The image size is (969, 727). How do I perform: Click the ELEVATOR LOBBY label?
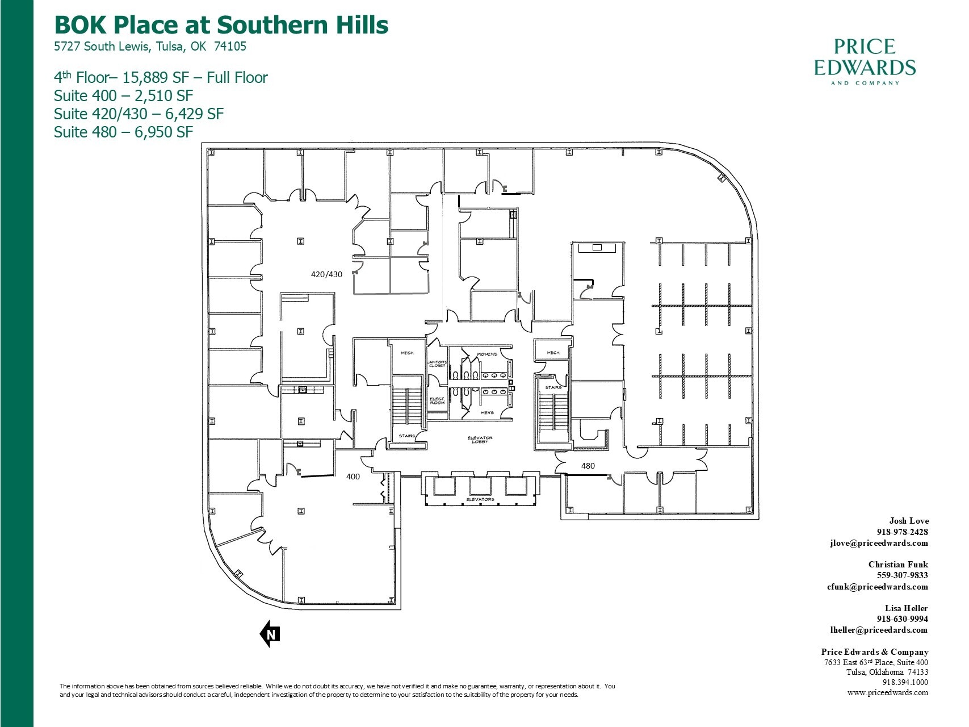pos(480,440)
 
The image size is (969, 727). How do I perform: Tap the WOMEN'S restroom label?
pos(487,354)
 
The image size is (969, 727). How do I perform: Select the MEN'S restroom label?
pos(487,413)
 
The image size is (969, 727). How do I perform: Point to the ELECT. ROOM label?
pos(437,400)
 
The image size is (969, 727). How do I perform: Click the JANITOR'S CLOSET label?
pos(437,363)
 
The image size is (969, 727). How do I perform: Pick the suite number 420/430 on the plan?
pos(326,274)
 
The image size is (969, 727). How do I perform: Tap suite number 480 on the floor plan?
pos(588,466)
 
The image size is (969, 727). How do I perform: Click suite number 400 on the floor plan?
pos(353,477)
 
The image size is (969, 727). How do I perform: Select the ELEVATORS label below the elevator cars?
pos(480,499)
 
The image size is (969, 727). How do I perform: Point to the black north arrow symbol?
pos(271,634)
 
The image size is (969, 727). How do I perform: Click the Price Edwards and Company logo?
pos(865,61)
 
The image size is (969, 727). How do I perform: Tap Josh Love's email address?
pos(879,543)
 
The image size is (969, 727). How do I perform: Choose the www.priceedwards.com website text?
pos(887,692)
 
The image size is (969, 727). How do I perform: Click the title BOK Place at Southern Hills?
pos(221,25)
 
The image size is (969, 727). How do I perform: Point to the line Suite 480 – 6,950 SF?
pos(123,132)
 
